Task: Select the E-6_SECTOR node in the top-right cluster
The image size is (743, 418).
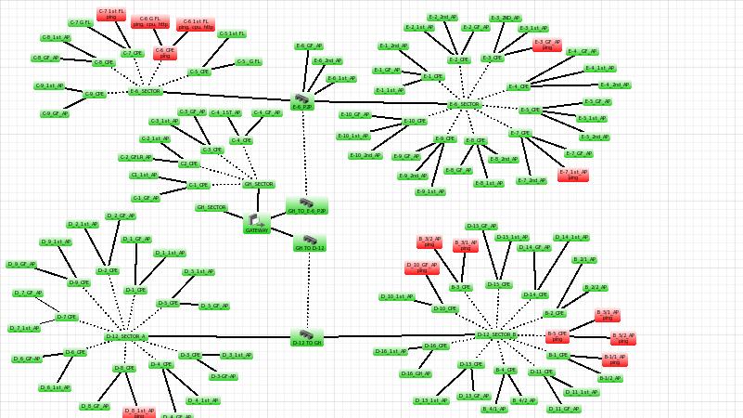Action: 465,105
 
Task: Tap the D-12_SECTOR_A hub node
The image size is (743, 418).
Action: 125,337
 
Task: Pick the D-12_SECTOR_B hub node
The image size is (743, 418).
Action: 496,334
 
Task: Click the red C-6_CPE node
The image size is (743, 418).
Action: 165,53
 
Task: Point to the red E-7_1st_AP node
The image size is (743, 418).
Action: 573,175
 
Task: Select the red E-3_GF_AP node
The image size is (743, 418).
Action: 547,44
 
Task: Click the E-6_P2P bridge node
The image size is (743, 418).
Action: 302,100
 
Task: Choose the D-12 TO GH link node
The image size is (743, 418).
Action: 306,336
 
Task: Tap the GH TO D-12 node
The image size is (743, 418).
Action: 310,242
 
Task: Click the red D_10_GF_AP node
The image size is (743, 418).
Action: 422,268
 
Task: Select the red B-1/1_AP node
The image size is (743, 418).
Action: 614,359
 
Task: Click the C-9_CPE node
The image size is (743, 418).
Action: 95,94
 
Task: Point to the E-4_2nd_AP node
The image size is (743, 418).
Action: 615,85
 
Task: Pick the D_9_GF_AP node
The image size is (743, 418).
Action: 21,265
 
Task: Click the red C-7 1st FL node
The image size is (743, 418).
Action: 111,14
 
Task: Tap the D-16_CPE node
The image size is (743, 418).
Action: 436,346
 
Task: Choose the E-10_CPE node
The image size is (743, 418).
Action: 415,122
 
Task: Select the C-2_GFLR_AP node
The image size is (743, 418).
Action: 136,157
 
